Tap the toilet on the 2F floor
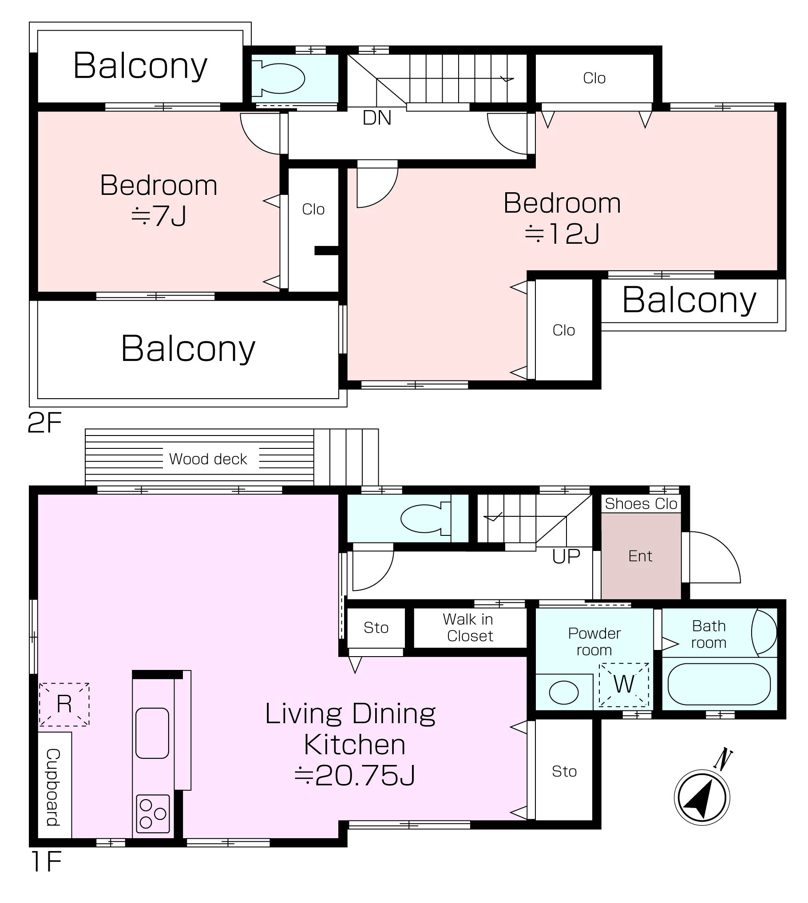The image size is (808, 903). point(278,79)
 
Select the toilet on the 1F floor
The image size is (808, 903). point(425,518)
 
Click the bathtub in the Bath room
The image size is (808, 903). point(719,685)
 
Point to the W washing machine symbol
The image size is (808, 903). point(624,685)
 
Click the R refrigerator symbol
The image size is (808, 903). point(64,705)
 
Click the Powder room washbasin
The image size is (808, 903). point(564,693)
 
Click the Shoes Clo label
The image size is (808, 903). point(641,503)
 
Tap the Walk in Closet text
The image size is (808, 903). point(469,627)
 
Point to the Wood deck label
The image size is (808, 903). point(208,459)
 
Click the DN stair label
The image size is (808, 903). point(377,118)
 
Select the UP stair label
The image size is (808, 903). point(566,556)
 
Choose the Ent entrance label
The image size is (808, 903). point(640,556)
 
